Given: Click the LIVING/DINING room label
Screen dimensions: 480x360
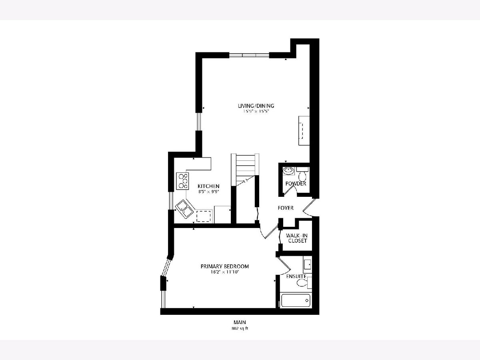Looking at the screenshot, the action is [256, 106].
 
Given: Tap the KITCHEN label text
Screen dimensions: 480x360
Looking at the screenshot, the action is [208, 186].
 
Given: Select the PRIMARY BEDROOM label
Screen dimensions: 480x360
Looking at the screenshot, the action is [224, 266].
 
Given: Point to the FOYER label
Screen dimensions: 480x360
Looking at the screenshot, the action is [286, 208].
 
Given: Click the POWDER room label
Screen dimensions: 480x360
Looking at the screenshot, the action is [296, 184].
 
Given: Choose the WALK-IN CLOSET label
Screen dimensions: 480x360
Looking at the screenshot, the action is [297, 238].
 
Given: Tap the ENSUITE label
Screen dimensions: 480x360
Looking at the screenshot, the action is [296, 276].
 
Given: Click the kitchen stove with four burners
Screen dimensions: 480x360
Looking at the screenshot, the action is [182, 181].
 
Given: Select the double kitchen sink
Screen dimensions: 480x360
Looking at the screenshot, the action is [185, 209].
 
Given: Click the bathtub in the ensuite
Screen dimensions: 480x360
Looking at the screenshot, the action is [296, 300].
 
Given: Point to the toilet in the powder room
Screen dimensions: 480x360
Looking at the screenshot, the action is [302, 174].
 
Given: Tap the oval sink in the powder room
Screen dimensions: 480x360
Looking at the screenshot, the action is [289, 171].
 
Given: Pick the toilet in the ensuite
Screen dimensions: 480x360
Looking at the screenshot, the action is [304, 283].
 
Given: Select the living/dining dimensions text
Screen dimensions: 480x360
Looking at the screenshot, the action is [256, 111].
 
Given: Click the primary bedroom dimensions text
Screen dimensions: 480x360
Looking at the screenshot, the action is [224, 272].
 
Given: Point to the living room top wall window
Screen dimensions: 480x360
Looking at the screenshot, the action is [249, 55].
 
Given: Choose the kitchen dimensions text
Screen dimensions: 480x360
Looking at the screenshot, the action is [209, 192].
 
